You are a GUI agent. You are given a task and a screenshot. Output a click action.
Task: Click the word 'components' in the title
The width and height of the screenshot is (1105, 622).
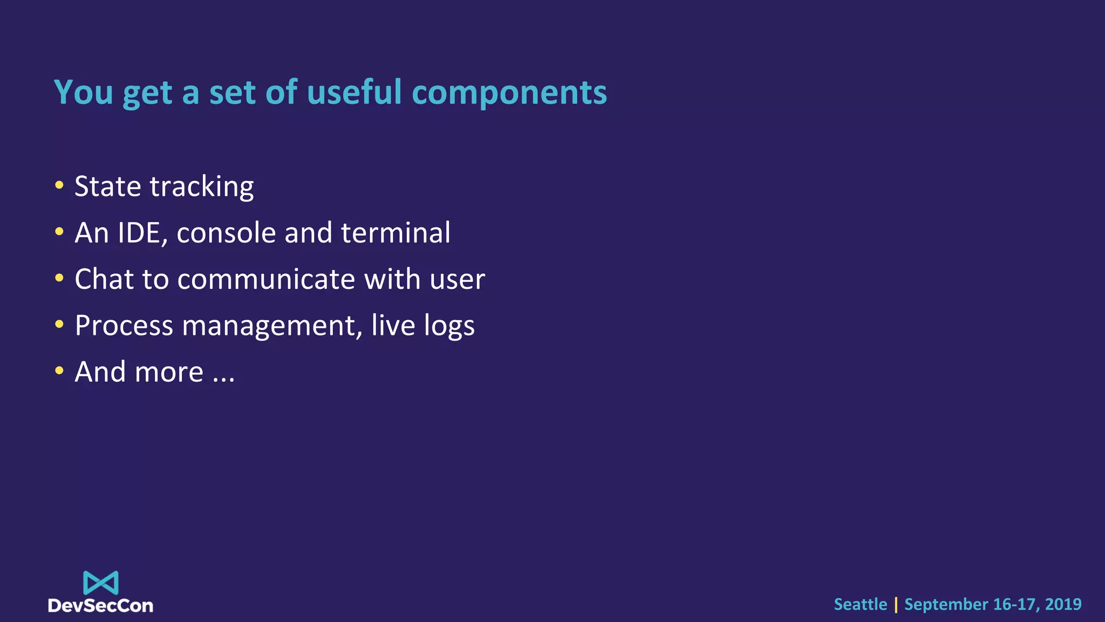coord(509,93)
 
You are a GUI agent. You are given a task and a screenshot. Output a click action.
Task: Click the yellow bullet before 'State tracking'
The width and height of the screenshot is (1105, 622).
coord(59,186)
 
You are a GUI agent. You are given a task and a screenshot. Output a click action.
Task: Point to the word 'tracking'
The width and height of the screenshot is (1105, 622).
coord(201,187)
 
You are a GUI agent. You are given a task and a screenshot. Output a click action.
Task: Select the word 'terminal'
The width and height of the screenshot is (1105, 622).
coord(395,233)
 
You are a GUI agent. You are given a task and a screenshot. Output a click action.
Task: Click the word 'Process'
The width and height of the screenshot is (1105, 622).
coord(124,326)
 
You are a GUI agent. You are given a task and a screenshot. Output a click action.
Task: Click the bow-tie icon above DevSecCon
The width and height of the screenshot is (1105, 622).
coord(101,583)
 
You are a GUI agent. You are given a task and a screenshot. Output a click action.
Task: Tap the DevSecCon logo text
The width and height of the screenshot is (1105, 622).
coord(100,606)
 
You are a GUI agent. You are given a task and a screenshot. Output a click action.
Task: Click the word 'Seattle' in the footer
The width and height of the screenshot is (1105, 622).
coord(860,604)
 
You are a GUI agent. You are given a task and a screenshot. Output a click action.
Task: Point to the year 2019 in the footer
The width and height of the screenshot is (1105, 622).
coord(1063,604)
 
